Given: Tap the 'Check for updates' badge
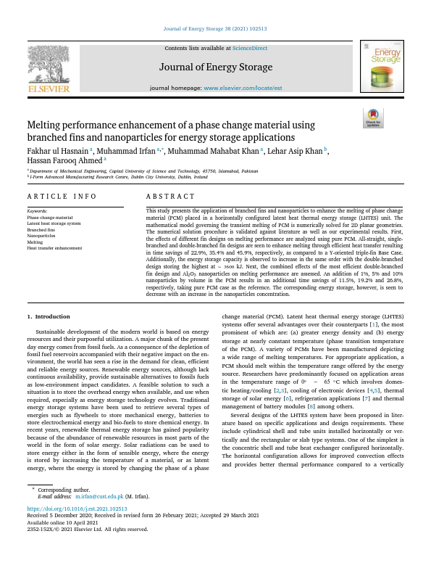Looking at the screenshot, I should click(373, 118).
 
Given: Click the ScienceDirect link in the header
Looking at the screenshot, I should click(249, 48).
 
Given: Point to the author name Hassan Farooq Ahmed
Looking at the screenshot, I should click(64, 161).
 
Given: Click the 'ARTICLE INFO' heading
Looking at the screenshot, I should click(62, 197).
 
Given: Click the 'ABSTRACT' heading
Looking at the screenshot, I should click(170, 197).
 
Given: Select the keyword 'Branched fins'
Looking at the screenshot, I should click(41, 230).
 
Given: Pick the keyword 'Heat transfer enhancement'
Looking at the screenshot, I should click(54, 248).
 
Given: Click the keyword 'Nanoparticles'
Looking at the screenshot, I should click(41, 236).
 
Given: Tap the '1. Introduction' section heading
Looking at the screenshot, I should click(49, 316).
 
